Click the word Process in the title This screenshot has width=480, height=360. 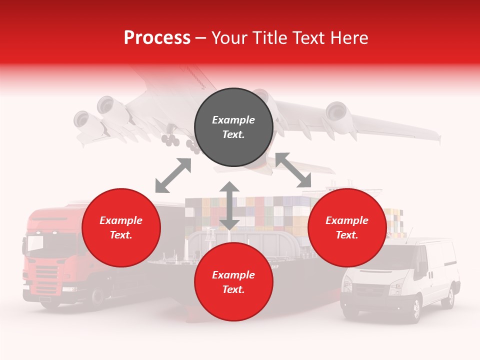point(157,38)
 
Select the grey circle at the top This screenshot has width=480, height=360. point(233,127)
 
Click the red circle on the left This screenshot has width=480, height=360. point(121,227)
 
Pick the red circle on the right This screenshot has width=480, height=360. point(347,227)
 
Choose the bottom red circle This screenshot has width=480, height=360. point(233,282)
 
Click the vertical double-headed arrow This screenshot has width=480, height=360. point(229,205)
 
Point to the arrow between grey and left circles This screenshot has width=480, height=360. point(173,175)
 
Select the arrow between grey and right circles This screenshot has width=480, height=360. point(293,170)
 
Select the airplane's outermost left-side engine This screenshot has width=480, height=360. point(81,120)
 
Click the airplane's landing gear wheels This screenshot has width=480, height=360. point(171,141)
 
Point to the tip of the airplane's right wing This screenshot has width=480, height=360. point(438,136)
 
